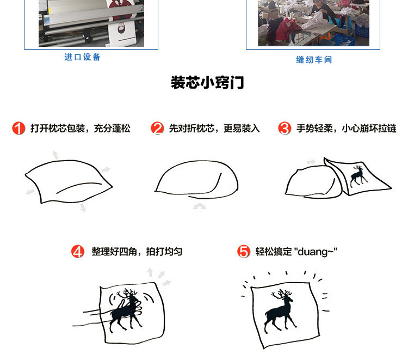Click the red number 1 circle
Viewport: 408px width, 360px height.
coord(18,128)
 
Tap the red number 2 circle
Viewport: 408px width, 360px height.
coord(157,128)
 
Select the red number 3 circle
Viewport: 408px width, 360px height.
coord(285,128)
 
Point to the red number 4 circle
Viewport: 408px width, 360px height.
coord(78,252)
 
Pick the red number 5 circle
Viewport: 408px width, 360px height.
coord(244,252)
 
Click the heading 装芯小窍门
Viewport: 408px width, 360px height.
coord(207,83)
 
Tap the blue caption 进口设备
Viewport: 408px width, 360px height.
coord(82,57)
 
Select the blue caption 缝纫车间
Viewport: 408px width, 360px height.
coord(314,60)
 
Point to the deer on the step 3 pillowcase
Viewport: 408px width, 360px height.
coord(358,176)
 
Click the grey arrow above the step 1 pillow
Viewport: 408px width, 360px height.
coord(55,155)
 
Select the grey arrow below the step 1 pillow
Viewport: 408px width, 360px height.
coord(83,208)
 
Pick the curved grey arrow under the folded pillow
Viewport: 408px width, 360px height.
coord(199,206)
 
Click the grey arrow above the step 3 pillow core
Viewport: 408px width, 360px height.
coord(311,162)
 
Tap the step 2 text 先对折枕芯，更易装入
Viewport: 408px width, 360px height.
coord(214,129)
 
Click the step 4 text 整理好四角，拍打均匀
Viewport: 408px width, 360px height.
coord(137,252)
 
